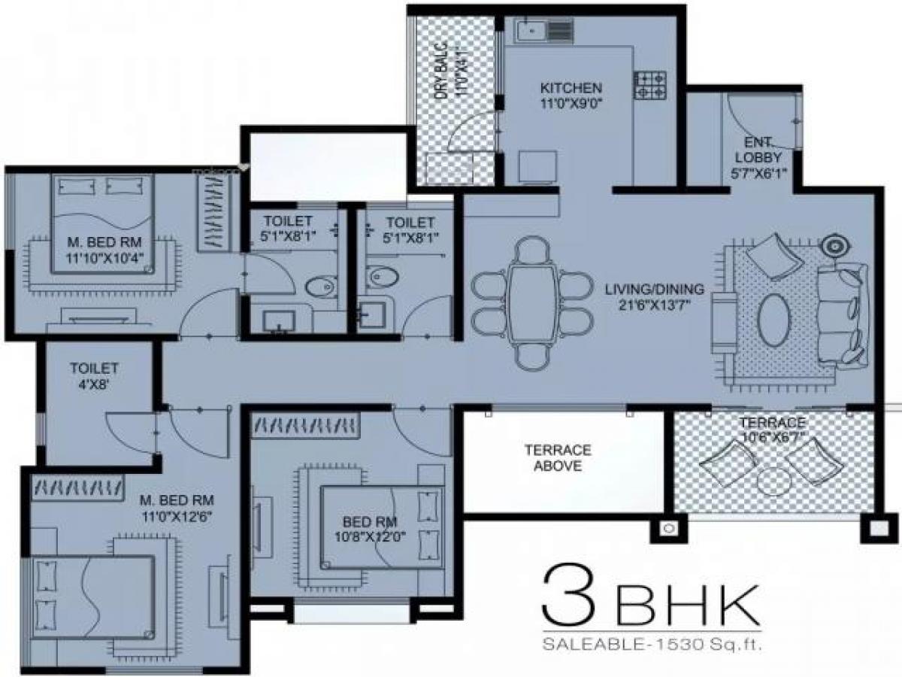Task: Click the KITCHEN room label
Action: (571, 93)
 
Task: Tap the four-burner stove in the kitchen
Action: (650, 85)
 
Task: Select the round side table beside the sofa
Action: (834, 245)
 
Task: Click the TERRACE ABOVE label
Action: (558, 457)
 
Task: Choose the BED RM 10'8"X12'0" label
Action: (369, 530)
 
